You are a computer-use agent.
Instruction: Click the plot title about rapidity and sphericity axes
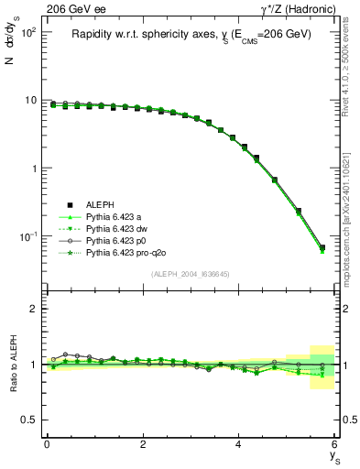click(x=192, y=34)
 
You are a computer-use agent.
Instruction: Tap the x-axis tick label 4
click(x=239, y=444)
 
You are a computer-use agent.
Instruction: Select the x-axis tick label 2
click(x=143, y=444)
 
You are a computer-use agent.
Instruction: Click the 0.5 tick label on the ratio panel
click(x=27, y=420)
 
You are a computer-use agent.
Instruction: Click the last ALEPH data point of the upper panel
click(x=322, y=247)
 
